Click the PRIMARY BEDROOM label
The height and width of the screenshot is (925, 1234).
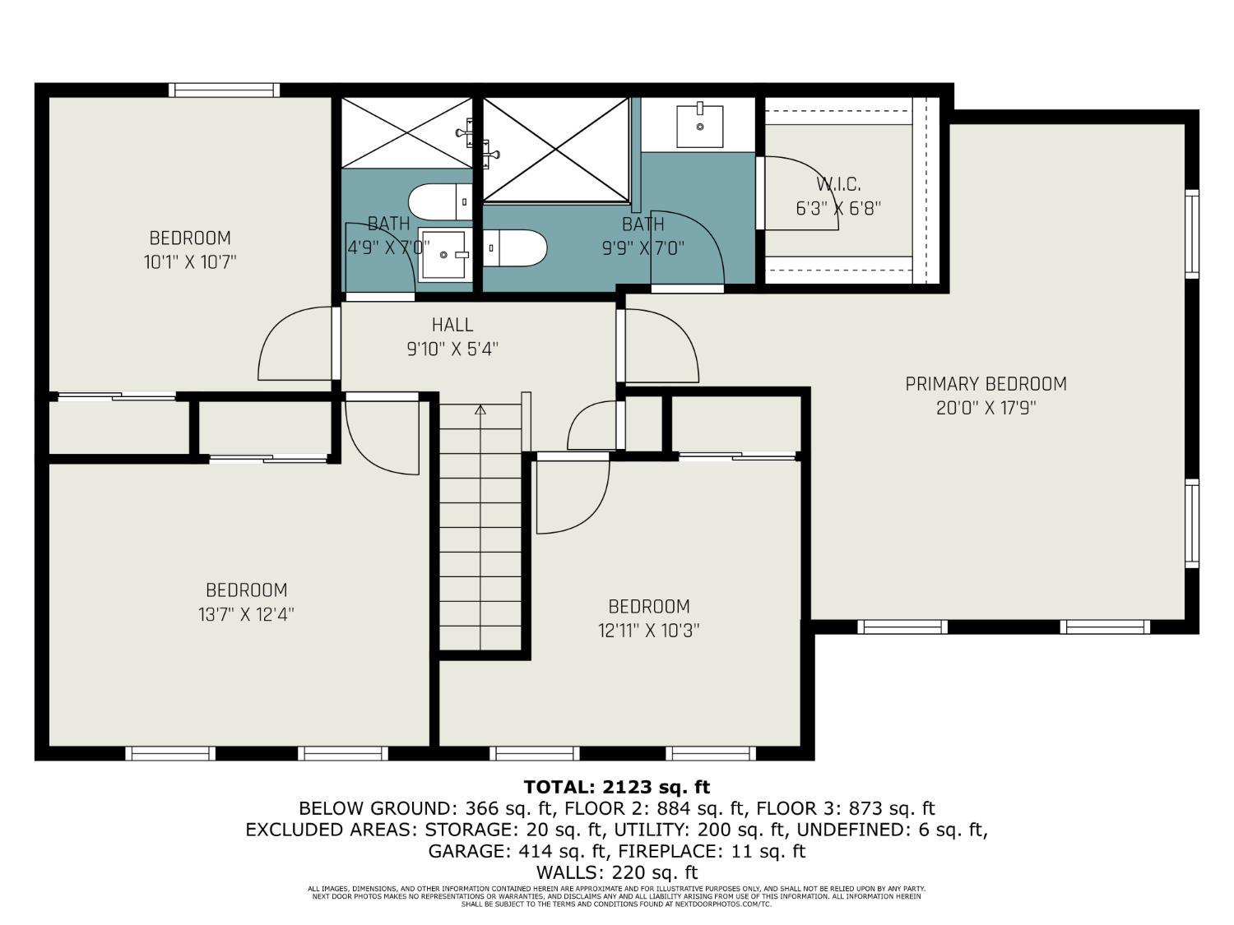click(x=986, y=384)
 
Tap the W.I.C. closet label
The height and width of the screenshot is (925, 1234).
click(x=838, y=185)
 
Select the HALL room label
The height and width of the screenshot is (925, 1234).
click(x=452, y=325)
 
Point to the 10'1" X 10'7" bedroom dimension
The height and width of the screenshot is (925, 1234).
click(x=190, y=262)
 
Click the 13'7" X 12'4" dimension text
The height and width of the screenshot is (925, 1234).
click(x=246, y=614)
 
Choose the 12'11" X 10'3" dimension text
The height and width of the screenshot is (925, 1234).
click(x=648, y=631)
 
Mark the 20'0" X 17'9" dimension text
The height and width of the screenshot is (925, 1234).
click(x=986, y=408)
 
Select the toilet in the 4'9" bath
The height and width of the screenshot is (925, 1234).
click(x=439, y=202)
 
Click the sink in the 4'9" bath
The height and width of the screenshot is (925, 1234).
click(x=443, y=255)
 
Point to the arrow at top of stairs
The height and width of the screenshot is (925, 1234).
click(x=480, y=409)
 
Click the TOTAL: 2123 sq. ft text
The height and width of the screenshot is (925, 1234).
click(x=616, y=787)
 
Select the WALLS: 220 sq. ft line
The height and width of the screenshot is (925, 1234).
click(x=616, y=872)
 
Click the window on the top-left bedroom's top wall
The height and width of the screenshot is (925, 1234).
click(x=224, y=90)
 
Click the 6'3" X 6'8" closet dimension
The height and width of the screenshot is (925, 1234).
click(x=837, y=209)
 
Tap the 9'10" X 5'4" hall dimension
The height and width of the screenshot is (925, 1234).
click(x=452, y=349)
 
